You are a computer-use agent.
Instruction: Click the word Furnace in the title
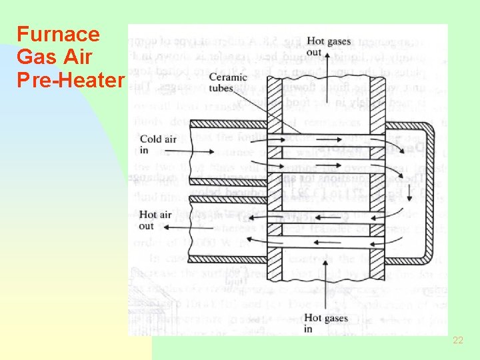[x=58, y=34]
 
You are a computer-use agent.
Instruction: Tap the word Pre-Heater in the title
[x=71, y=80]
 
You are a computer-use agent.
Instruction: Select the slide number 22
[x=457, y=340]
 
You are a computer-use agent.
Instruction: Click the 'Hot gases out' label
[x=328, y=47]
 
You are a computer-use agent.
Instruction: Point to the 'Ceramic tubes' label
[x=226, y=84]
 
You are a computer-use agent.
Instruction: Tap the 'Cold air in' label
[x=159, y=145]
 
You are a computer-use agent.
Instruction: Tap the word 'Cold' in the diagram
[x=151, y=139]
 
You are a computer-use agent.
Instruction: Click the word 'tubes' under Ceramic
[x=221, y=89]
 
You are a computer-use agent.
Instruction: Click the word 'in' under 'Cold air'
[x=145, y=150]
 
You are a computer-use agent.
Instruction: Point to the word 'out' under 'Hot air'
[x=147, y=225]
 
